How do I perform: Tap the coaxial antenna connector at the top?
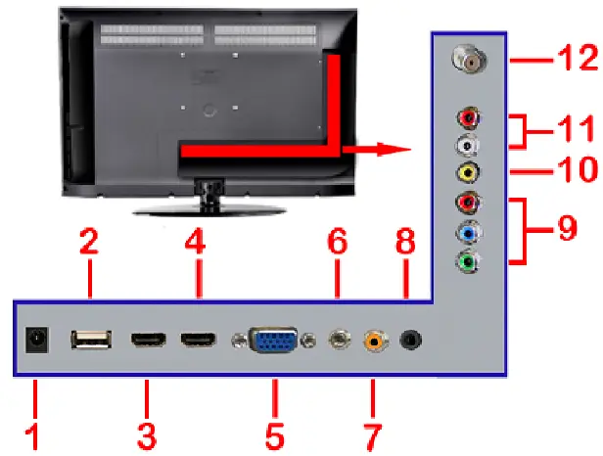[469, 60]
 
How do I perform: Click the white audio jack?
[470, 146]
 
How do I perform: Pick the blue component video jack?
[470, 234]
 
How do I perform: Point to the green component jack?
[470, 262]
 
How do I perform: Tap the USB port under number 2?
[88, 340]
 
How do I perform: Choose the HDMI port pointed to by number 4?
[197, 340]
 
